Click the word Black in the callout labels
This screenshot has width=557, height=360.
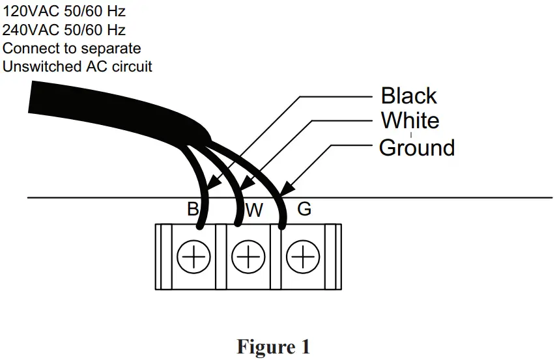[x=408, y=96]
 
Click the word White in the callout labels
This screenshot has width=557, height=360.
[x=410, y=121]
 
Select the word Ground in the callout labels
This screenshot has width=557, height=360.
[x=416, y=148]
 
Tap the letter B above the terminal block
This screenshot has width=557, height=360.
[x=192, y=210]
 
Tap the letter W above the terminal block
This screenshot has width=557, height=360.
[x=254, y=210]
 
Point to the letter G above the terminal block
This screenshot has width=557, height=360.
[x=304, y=210]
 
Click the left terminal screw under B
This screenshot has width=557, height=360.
[x=193, y=258]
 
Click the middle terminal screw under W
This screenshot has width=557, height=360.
[x=248, y=258]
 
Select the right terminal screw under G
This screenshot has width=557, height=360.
[x=302, y=258]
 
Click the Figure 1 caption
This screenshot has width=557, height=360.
[x=274, y=346]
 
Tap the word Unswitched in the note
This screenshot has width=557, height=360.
[x=42, y=66]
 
